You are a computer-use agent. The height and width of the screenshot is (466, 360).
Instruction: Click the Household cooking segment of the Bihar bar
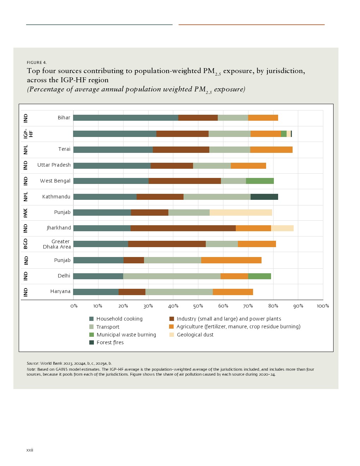point(126,118)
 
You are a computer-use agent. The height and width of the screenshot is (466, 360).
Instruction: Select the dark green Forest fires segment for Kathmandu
point(264,197)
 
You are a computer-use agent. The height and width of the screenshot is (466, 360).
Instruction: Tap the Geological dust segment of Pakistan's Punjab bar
point(241,213)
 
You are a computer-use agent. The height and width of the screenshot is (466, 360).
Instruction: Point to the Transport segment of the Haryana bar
point(179,292)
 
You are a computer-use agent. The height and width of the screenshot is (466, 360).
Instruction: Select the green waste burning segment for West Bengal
point(260,181)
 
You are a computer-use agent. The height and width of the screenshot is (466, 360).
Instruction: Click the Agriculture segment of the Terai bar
point(271,150)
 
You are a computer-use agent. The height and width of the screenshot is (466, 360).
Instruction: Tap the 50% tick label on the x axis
point(198,306)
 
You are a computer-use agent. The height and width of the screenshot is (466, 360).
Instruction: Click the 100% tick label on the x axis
point(323,306)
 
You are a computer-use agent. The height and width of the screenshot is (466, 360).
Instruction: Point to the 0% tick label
point(74,306)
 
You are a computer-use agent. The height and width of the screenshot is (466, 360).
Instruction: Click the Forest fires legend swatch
point(92,342)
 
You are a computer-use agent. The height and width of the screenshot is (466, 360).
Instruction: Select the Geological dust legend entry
point(195,335)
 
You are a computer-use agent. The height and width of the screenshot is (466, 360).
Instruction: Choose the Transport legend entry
point(108,327)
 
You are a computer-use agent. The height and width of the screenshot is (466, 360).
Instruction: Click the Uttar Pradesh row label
point(54,165)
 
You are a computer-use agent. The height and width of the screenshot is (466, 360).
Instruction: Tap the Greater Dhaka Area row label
point(57,244)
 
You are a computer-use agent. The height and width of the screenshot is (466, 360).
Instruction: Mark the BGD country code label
point(25,244)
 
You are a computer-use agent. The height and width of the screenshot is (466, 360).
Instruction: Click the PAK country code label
point(25,213)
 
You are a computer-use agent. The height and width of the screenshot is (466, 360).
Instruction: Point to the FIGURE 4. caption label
point(37,62)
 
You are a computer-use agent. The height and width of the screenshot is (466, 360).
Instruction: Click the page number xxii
point(30,450)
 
